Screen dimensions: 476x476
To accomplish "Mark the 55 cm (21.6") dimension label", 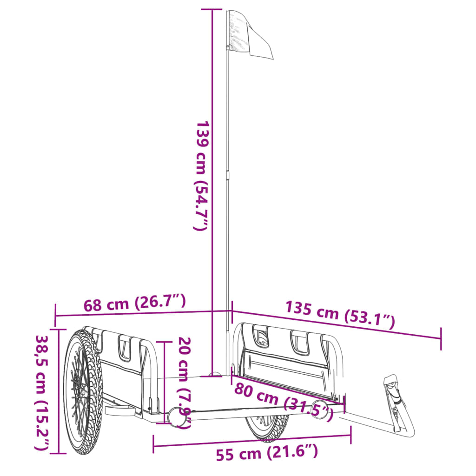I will (x=267, y=452).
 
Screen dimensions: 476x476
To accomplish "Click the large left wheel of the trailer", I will (x=82, y=390).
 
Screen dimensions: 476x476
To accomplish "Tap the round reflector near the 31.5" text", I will (x=318, y=408).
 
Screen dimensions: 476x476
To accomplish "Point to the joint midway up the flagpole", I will (x=228, y=175).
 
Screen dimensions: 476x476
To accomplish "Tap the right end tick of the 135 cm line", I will (x=441, y=338).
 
